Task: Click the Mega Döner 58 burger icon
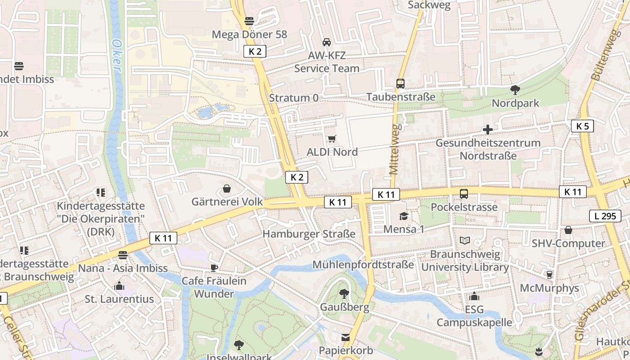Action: pyautogui.click(x=249, y=21)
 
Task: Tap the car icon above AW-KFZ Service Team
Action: pyautogui.click(x=327, y=42)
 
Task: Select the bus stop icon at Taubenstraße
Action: pyautogui.click(x=400, y=83)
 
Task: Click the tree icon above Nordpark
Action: pyautogui.click(x=515, y=90)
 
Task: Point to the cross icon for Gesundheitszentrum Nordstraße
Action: pyautogui.click(x=487, y=130)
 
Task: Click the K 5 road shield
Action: pyautogui.click(x=582, y=126)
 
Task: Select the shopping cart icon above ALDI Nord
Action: pyautogui.click(x=332, y=139)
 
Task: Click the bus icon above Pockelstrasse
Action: pyautogui.click(x=463, y=194)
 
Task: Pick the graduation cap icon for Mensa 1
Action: pyautogui.click(x=404, y=216)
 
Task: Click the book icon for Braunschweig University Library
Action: pyautogui.click(x=465, y=241)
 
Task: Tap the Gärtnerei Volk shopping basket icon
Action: pyautogui.click(x=227, y=189)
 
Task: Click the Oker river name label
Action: pyautogui.click(x=117, y=55)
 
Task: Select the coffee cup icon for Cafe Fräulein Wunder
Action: pyautogui.click(x=214, y=268)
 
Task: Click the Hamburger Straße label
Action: pyautogui.click(x=309, y=234)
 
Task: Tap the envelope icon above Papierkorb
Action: pyautogui.click(x=346, y=337)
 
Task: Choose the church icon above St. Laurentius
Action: pyautogui.click(x=119, y=286)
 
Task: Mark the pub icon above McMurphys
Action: pyautogui.click(x=549, y=274)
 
